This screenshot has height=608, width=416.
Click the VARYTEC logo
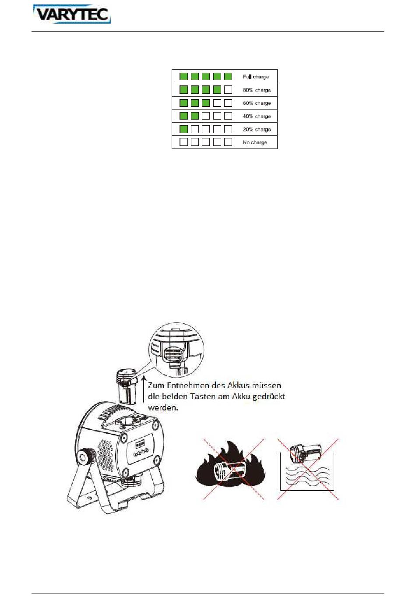point(72,14)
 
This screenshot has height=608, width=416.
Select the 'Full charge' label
point(256,77)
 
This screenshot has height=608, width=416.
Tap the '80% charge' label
point(257,90)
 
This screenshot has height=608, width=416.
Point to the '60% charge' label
point(257,103)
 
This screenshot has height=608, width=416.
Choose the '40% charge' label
point(257,116)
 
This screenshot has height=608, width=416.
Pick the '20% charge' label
point(257,130)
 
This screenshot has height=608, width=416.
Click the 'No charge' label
point(255,142)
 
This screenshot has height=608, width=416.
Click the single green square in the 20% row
point(184,129)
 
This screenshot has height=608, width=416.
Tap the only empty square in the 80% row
point(228,89)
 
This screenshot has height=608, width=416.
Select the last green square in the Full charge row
point(228,76)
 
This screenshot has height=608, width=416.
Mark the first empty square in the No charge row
point(184,142)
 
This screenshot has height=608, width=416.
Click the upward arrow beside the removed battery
point(144,389)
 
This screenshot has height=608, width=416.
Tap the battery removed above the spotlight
point(127,386)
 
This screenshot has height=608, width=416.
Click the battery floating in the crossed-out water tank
point(306,453)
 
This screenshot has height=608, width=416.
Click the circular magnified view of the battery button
point(176,350)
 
